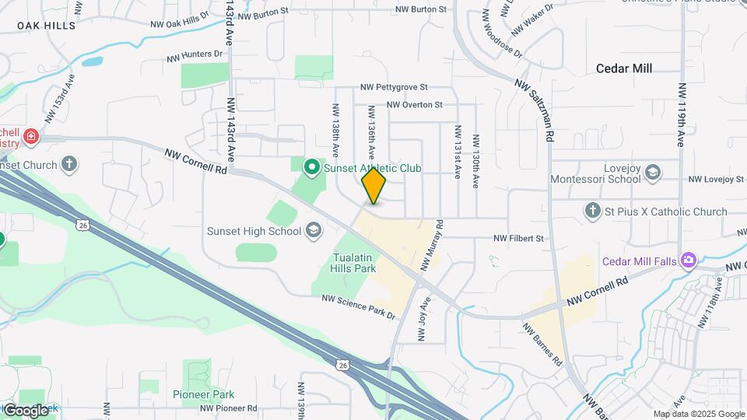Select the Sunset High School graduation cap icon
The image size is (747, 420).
313,230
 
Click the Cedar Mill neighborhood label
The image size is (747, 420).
623,68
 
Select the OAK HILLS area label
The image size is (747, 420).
47,26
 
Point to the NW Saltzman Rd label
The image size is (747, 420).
534,110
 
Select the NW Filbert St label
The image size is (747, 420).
518,238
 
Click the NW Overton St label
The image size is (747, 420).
414,104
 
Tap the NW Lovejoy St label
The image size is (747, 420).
716,180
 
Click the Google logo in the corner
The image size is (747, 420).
25,410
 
